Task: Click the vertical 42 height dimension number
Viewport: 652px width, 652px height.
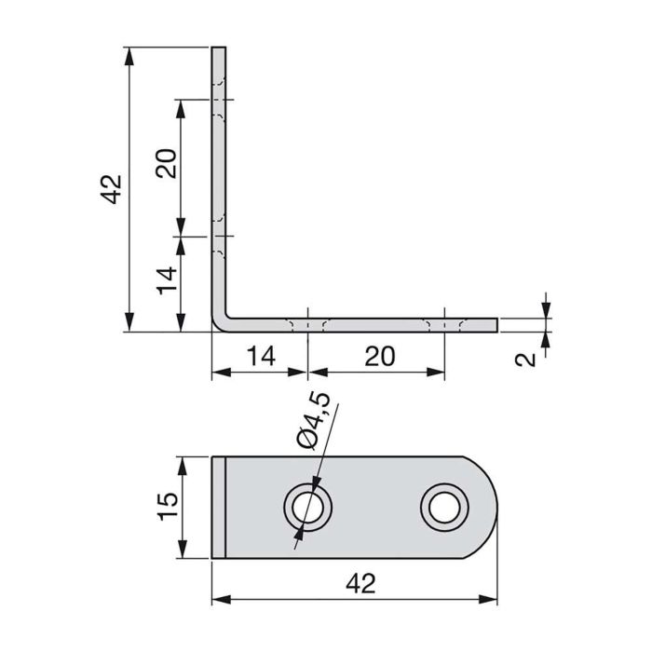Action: (110, 189)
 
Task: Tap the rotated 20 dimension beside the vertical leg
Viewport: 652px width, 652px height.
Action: (167, 165)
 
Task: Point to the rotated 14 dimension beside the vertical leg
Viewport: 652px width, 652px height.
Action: (167, 280)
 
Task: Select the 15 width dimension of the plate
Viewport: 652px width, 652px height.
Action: (167, 509)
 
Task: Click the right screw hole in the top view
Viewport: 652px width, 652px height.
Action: (441, 508)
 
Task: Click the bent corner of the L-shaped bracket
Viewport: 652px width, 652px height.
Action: (221, 320)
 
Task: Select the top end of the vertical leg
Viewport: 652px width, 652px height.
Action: (219, 48)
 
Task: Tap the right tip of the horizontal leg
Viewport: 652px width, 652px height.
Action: (495, 324)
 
